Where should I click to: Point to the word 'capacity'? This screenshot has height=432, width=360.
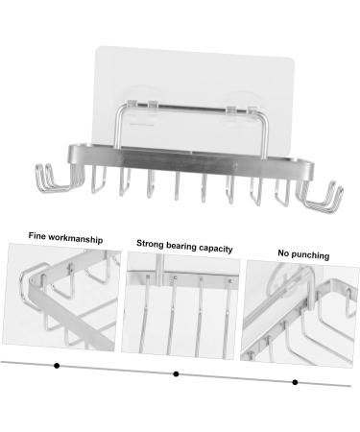[x=217, y=248]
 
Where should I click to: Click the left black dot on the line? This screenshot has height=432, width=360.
[x=57, y=366]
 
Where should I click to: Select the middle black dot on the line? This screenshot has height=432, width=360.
[x=175, y=373]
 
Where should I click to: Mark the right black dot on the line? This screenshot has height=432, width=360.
[x=295, y=381]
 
